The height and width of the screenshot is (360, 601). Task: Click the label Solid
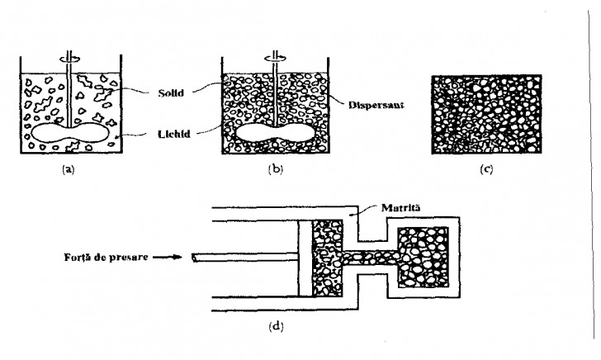click(171, 92)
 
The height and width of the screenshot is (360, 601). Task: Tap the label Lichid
click(174, 135)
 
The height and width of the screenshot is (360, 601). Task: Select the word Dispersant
click(376, 105)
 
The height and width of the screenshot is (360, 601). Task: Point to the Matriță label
click(400, 208)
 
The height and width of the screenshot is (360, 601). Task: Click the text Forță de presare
click(106, 257)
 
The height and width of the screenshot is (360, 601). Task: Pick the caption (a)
click(69, 169)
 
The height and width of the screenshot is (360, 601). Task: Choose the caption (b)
click(276, 169)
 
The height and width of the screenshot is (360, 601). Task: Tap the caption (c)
click(486, 169)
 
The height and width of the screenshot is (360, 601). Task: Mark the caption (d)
click(276, 327)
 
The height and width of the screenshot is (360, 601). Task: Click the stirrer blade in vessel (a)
click(69, 133)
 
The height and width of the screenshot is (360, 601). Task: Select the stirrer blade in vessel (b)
click(275, 133)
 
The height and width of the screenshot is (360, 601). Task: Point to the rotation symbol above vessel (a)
click(69, 58)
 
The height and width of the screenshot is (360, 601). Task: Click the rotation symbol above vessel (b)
click(276, 58)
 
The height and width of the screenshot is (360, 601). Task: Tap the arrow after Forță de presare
click(167, 257)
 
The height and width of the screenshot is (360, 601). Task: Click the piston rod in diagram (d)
click(245, 258)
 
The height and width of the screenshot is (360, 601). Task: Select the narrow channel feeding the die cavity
click(370, 258)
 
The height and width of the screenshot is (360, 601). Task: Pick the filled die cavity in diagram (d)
click(423, 258)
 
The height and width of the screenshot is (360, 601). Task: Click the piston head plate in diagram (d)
click(305, 258)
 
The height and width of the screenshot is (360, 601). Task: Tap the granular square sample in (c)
click(486, 114)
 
